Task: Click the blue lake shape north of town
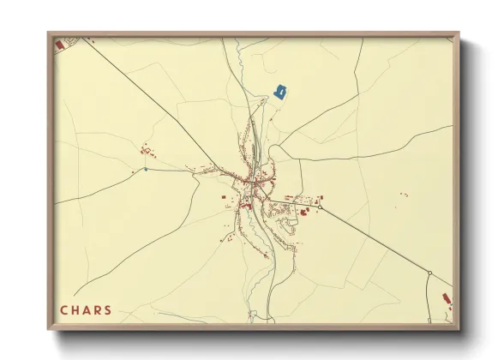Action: click(279, 91)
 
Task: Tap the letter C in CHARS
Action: click(64, 310)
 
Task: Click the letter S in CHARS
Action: click(107, 310)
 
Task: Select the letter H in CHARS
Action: click(75, 310)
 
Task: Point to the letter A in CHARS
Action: click(87, 310)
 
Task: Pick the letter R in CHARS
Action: click(97, 310)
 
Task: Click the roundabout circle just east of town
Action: click(320, 207)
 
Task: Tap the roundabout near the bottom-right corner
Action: click(429, 273)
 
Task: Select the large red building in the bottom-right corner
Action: click(447, 297)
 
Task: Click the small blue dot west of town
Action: click(146, 169)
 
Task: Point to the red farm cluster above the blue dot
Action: click(146, 151)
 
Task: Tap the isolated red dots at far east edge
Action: click(404, 195)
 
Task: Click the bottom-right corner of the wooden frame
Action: click(459, 329)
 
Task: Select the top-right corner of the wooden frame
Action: click(459, 33)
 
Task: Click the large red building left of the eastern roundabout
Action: click(303, 210)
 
